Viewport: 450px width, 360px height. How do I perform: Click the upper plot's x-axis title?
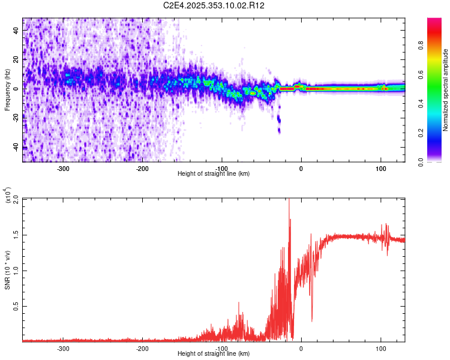[214, 173]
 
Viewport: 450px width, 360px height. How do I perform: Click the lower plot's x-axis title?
[214, 353]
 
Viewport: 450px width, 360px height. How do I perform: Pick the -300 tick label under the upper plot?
[64, 168]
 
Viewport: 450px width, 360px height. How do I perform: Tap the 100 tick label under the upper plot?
[380, 168]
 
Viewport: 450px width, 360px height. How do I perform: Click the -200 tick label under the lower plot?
[143, 348]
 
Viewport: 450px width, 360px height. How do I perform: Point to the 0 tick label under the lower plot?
[301, 348]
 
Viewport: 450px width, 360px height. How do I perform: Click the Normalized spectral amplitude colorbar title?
[446, 90]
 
